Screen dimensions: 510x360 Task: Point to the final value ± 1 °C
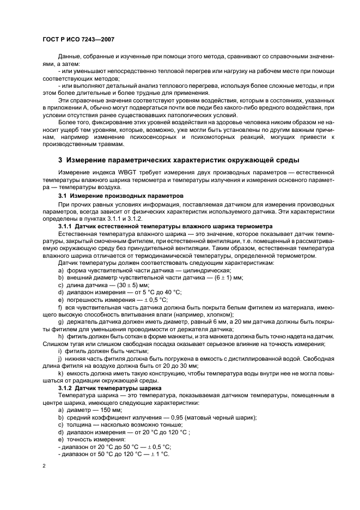[160, 454]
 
